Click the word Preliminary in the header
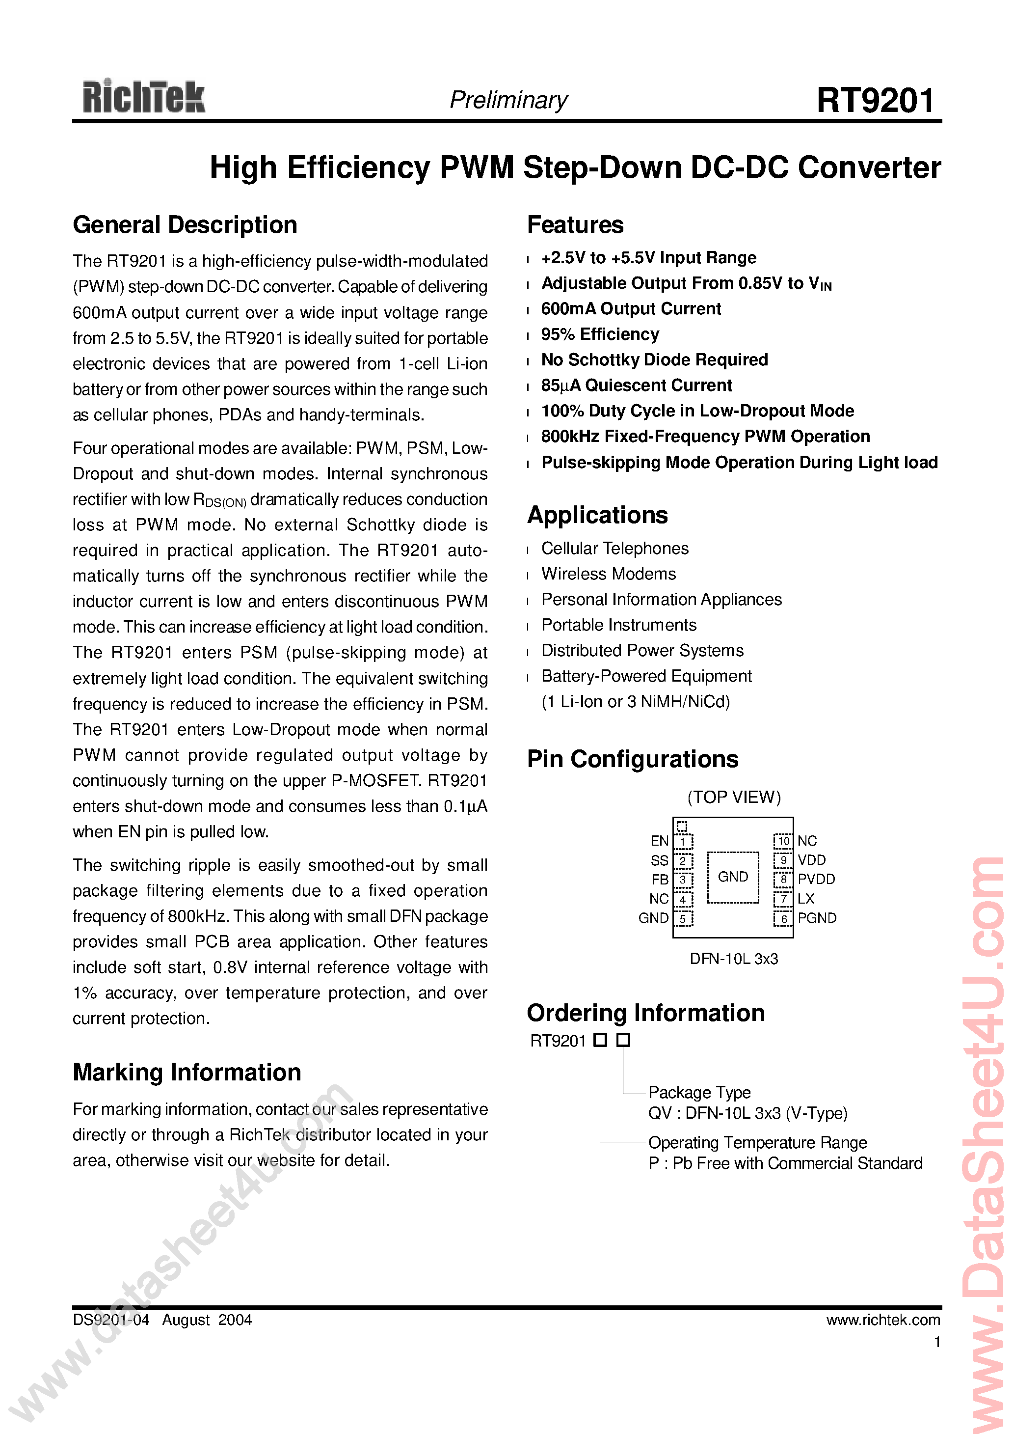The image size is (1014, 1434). coord(508,100)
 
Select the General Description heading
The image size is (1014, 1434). coord(185,225)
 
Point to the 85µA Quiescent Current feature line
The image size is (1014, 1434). coord(636,386)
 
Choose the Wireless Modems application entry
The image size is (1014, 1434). coord(608,574)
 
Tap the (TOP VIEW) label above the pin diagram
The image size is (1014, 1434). coord(734,797)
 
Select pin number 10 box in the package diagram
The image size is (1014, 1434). coord(783,841)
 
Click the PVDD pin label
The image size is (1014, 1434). coord(816,880)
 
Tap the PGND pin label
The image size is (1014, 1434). coord(817,918)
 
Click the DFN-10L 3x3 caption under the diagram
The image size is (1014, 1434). coord(734,959)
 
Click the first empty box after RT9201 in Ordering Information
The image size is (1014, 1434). coord(600,1040)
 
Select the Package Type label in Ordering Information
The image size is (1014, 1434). coord(699,1092)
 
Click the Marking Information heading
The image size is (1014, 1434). coord(187,1073)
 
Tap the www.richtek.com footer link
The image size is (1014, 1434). coord(883,1320)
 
